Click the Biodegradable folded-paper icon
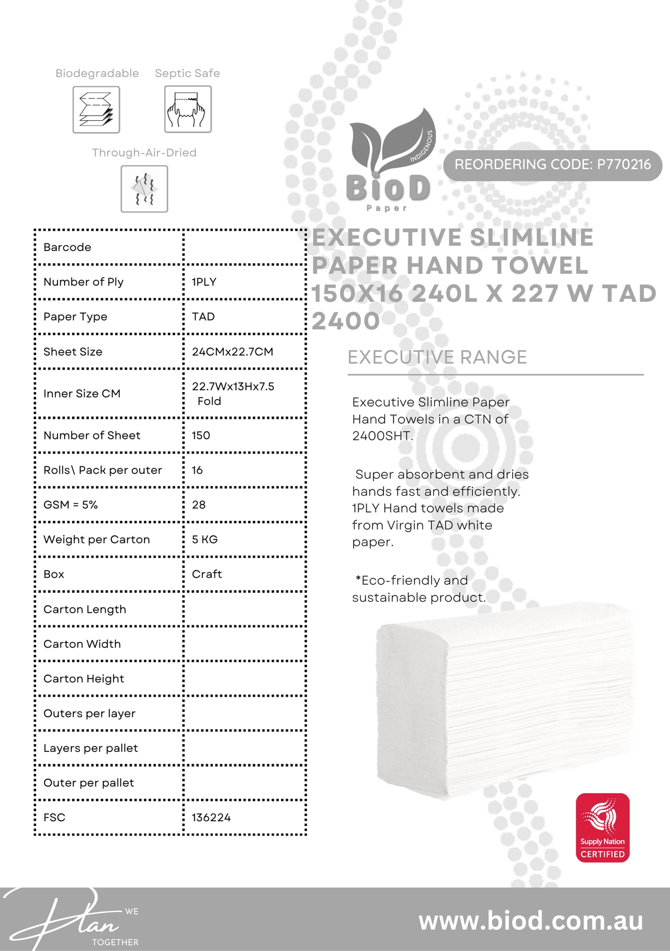96,110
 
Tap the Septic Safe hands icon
188,109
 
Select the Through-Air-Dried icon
144,189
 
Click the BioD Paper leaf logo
390,159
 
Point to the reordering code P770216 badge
553,165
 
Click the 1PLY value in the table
204,282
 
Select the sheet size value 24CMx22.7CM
233,352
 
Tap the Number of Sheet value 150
201,436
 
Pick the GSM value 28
199,505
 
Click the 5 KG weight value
204,540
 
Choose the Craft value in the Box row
207,574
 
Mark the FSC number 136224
211,818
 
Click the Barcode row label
67,247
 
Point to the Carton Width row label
82,644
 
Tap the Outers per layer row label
89,714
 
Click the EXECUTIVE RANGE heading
437,358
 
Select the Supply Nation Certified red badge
602,828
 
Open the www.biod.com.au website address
531,921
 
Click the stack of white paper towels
504,704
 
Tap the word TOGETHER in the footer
115,942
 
